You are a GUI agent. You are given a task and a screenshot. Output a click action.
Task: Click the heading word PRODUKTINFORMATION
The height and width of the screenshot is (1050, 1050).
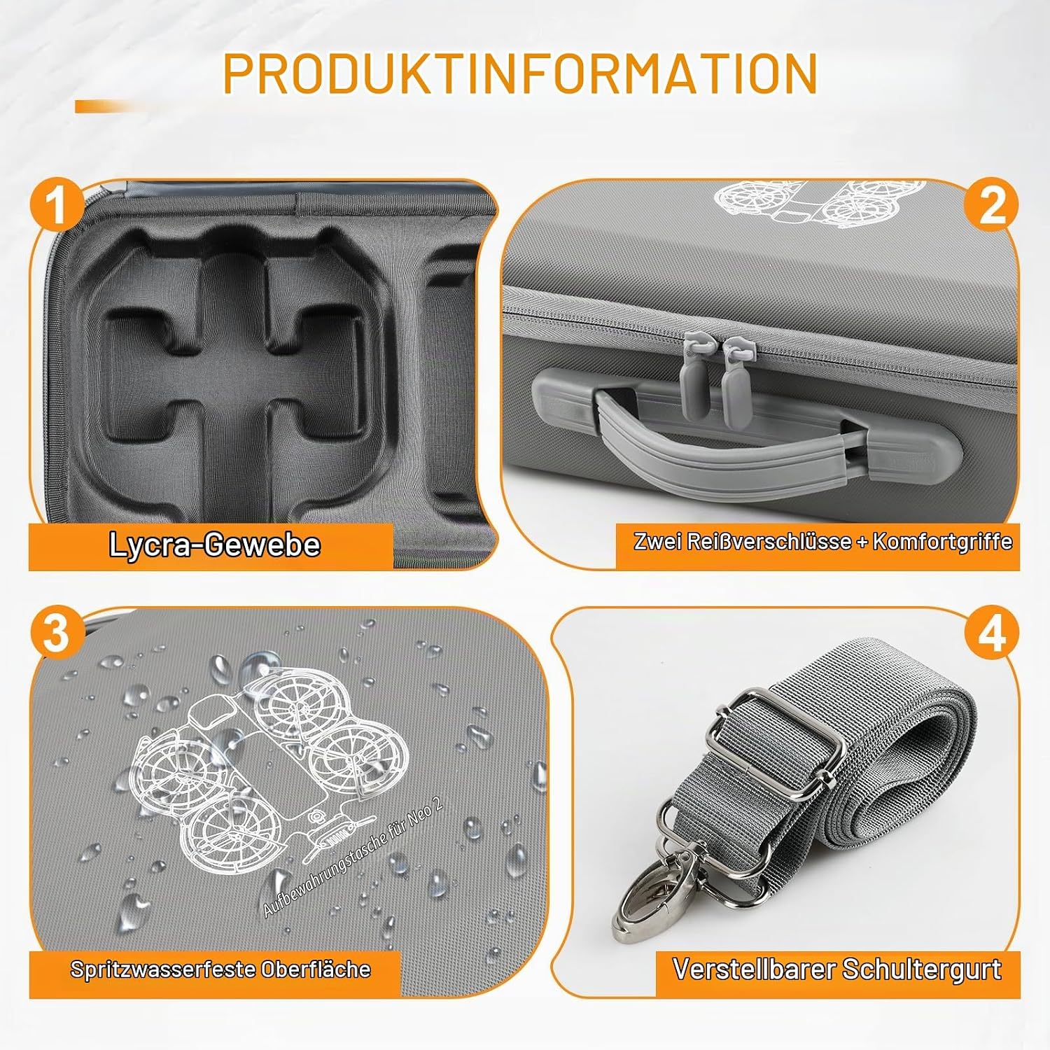pyautogui.click(x=520, y=72)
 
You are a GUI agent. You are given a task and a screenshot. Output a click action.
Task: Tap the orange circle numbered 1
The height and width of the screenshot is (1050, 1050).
pyautogui.click(x=55, y=204)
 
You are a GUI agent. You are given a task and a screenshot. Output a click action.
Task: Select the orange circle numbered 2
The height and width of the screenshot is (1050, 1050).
pyautogui.click(x=992, y=204)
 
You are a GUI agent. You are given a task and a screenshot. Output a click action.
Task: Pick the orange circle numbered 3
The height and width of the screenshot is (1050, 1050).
pyautogui.click(x=55, y=633)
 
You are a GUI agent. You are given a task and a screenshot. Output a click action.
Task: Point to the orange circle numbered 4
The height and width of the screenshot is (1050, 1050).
pyautogui.click(x=992, y=633)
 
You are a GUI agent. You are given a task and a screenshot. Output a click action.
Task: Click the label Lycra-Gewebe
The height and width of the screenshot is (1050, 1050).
pyautogui.click(x=215, y=545)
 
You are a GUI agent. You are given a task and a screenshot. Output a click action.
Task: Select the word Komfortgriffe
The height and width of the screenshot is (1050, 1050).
pyautogui.click(x=942, y=541)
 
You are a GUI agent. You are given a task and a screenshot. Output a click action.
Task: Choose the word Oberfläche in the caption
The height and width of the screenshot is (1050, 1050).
pyautogui.click(x=316, y=969)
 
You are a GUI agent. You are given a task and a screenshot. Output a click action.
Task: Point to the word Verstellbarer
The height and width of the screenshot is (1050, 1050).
pyautogui.click(x=753, y=969)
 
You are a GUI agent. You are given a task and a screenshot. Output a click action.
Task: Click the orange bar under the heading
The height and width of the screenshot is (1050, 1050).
pyautogui.click(x=112, y=106)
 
